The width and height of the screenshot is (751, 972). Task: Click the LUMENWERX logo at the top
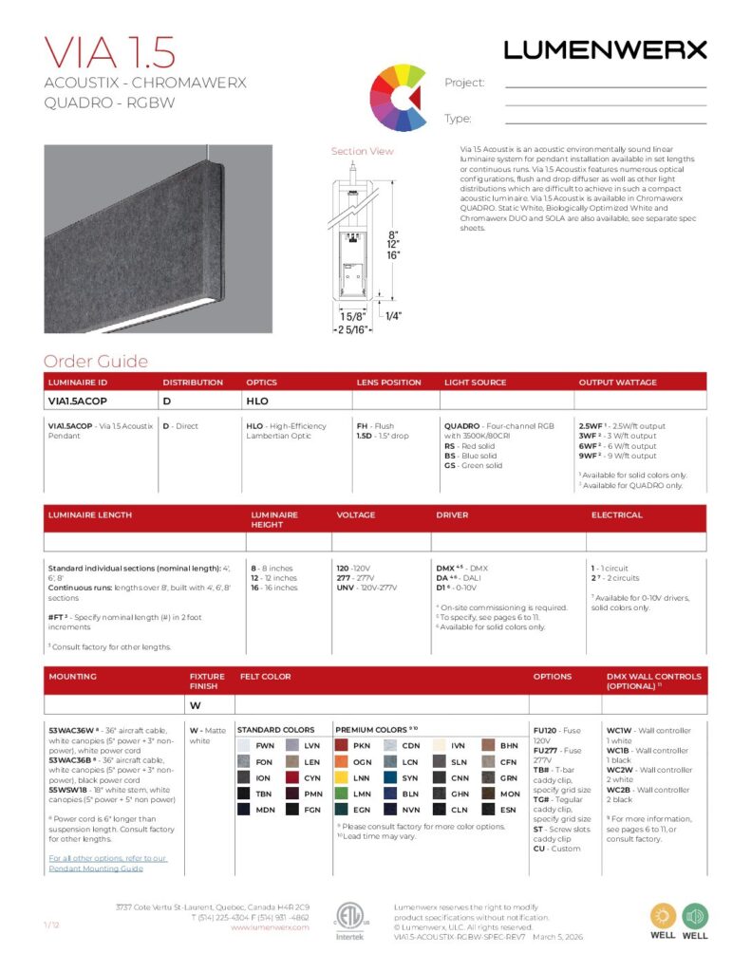click(605, 49)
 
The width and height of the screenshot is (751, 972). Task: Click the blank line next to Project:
click(606, 86)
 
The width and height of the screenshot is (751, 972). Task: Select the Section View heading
click(362, 152)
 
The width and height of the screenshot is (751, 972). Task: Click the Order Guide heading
click(96, 362)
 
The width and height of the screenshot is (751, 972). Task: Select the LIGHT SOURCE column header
click(475, 383)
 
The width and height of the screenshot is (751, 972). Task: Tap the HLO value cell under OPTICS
click(257, 402)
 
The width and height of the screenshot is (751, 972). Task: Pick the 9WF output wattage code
click(590, 456)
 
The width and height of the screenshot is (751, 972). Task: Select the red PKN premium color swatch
click(344, 746)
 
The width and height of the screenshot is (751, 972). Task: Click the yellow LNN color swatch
click(344, 778)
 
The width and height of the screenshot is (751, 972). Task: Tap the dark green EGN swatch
click(344, 810)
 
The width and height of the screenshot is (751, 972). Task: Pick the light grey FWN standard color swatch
click(244, 746)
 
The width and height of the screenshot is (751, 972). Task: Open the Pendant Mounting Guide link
click(107, 863)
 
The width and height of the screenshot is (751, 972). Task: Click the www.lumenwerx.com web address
click(270, 927)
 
